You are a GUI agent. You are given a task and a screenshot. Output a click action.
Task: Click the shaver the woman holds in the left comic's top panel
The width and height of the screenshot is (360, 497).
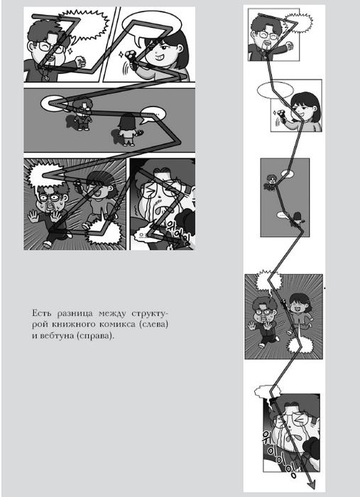pos(131,59)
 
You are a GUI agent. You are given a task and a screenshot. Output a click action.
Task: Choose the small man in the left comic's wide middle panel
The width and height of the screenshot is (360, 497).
pos(82,114)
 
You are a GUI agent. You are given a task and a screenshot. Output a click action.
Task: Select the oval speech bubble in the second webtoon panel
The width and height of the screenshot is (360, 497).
pos(275,91)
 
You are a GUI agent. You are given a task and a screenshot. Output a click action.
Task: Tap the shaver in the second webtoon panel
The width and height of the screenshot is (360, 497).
pos(281,115)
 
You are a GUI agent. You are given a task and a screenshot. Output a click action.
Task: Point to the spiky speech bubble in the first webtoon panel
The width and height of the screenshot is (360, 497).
pos(298,23)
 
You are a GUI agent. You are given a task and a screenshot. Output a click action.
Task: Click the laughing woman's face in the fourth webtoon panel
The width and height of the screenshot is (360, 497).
pos(298,305)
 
